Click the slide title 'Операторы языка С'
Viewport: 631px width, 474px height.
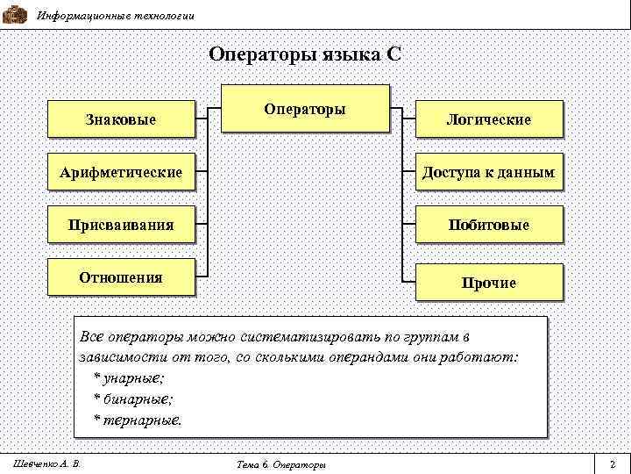coord(305,54)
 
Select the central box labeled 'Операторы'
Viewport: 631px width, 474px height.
coord(305,109)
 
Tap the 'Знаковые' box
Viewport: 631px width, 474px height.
coord(121,118)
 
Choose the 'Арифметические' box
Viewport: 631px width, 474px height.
coord(121,172)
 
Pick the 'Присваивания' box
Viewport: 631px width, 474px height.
coord(121,225)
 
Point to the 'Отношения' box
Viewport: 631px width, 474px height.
coord(121,277)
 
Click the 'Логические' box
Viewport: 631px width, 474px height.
coord(488,119)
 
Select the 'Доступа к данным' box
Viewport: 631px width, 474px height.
coord(488,172)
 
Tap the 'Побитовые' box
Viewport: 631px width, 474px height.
coord(488,226)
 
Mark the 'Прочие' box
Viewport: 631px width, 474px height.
coord(488,283)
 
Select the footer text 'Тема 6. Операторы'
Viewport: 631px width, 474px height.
coord(282,463)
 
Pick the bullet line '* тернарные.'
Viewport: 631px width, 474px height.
coord(138,420)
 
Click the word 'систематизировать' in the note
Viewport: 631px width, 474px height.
coord(304,337)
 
